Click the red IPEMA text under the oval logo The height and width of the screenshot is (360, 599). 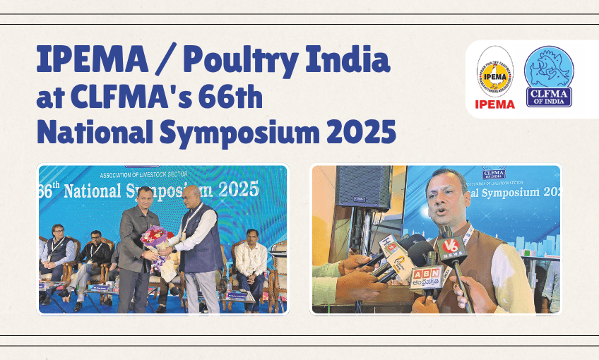(494, 104)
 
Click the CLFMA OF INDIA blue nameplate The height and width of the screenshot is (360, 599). (549, 97)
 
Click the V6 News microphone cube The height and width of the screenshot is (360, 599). (450, 247)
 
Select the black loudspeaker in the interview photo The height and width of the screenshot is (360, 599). (364, 187)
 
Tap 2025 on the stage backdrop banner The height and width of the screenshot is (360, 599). (234, 188)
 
